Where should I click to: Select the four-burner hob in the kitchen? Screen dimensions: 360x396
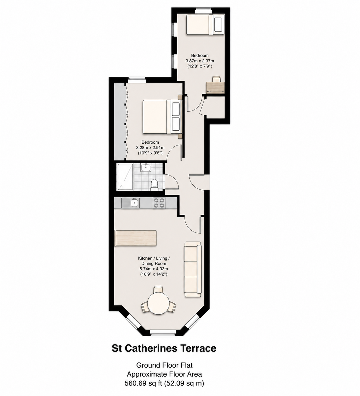(x=159, y=203)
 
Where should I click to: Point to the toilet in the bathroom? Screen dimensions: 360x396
(x=154, y=185)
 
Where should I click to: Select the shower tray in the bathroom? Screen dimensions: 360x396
(x=125, y=177)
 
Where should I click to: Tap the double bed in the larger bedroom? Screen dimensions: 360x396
(x=162, y=117)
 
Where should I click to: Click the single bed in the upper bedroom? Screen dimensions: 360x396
(x=205, y=24)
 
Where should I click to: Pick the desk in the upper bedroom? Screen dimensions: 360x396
(x=216, y=87)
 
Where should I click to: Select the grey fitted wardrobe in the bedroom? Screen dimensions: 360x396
(x=120, y=122)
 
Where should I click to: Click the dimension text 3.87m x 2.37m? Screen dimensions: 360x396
(x=200, y=61)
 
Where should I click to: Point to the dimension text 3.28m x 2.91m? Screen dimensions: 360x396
(x=150, y=148)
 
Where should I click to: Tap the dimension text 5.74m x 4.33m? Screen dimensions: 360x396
(x=154, y=269)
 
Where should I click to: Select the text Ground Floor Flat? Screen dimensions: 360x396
(x=164, y=365)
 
